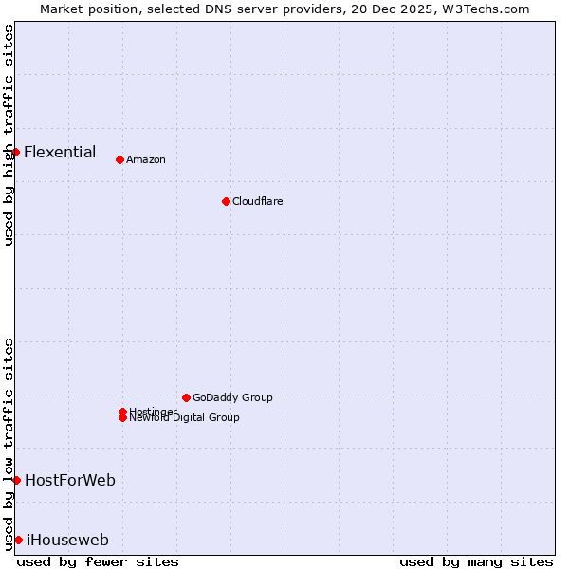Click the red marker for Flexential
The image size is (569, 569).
(15, 152)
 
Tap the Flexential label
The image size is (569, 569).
(60, 152)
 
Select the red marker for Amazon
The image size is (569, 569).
(119, 159)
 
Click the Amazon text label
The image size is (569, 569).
(146, 159)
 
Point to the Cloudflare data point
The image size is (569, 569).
(226, 201)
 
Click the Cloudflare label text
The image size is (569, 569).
(258, 201)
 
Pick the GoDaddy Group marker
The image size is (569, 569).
(186, 397)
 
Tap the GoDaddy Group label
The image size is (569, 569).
(232, 397)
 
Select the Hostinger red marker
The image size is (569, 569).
(122, 412)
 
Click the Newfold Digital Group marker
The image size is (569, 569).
(122, 418)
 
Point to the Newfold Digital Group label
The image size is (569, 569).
(185, 418)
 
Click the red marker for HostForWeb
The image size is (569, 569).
(16, 480)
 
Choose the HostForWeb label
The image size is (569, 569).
(70, 480)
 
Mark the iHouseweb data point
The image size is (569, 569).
(18, 540)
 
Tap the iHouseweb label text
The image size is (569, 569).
(68, 541)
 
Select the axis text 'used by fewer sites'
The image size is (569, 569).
(98, 561)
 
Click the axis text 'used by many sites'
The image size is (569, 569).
(476, 561)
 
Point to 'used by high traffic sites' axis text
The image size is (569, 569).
(9, 135)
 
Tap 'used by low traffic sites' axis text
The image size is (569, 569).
(9, 443)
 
